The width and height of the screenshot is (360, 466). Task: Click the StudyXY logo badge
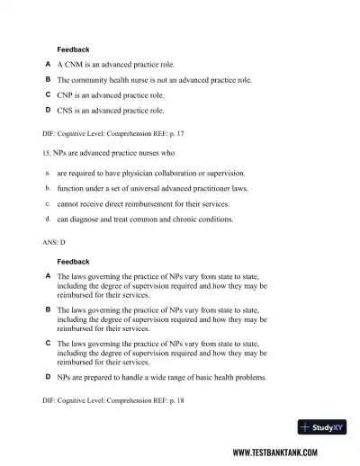(x=321, y=428)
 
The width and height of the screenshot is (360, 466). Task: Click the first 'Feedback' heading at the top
(x=73, y=49)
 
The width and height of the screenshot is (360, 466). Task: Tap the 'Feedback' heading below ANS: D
(x=73, y=262)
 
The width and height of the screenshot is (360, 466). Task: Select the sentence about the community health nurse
(x=155, y=80)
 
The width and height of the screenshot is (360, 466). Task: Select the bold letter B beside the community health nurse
(x=48, y=80)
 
